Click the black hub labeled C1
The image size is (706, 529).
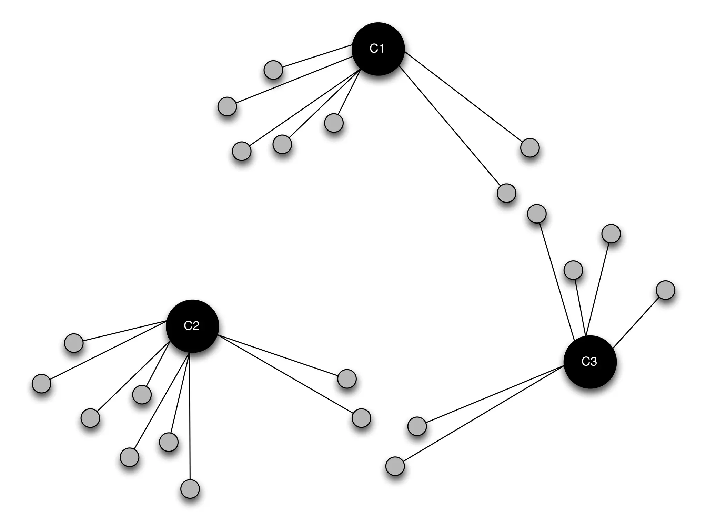[x=378, y=49]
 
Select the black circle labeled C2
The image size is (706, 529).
[x=192, y=326]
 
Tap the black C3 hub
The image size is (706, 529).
[x=589, y=362]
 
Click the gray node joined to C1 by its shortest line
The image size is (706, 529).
[x=334, y=123]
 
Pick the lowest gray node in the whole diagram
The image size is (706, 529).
[x=190, y=489]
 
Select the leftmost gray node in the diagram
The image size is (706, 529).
[x=41, y=383]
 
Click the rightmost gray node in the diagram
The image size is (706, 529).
[x=665, y=290]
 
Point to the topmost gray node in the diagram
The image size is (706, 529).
[x=273, y=70]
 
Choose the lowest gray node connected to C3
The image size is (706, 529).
[x=395, y=466]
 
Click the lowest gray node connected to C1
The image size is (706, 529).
[x=506, y=193]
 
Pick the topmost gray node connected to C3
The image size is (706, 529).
[x=537, y=214]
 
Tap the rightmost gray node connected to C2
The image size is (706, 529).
[x=361, y=418]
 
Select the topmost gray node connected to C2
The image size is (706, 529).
[x=74, y=343]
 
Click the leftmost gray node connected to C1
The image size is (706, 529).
[x=227, y=106]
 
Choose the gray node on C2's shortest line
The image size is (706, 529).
[x=142, y=394]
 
